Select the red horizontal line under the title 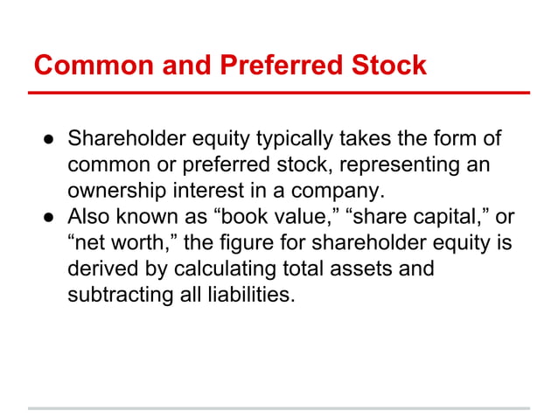pyautogui.click(x=279, y=92)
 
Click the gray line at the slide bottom pyautogui.click(x=279, y=408)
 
